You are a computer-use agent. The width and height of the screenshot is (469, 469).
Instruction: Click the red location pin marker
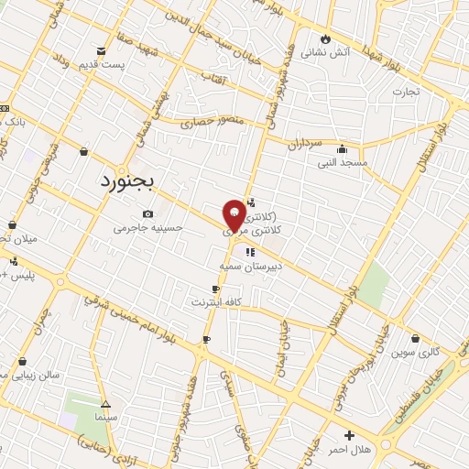pos(234,214)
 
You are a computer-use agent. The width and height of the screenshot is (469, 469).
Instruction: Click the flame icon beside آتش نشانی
pos(323,38)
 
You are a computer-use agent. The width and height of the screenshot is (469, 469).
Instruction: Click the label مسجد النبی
pos(342,162)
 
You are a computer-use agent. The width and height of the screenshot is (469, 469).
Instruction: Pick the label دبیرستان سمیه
pos(250,266)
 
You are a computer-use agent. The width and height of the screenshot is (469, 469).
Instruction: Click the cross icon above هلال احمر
pos(348,435)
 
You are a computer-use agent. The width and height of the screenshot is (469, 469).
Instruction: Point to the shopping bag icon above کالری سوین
pos(416,338)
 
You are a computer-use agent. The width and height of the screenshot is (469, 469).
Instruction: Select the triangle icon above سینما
pos(105,404)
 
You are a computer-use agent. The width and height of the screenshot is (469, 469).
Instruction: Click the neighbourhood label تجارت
pos(406,92)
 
